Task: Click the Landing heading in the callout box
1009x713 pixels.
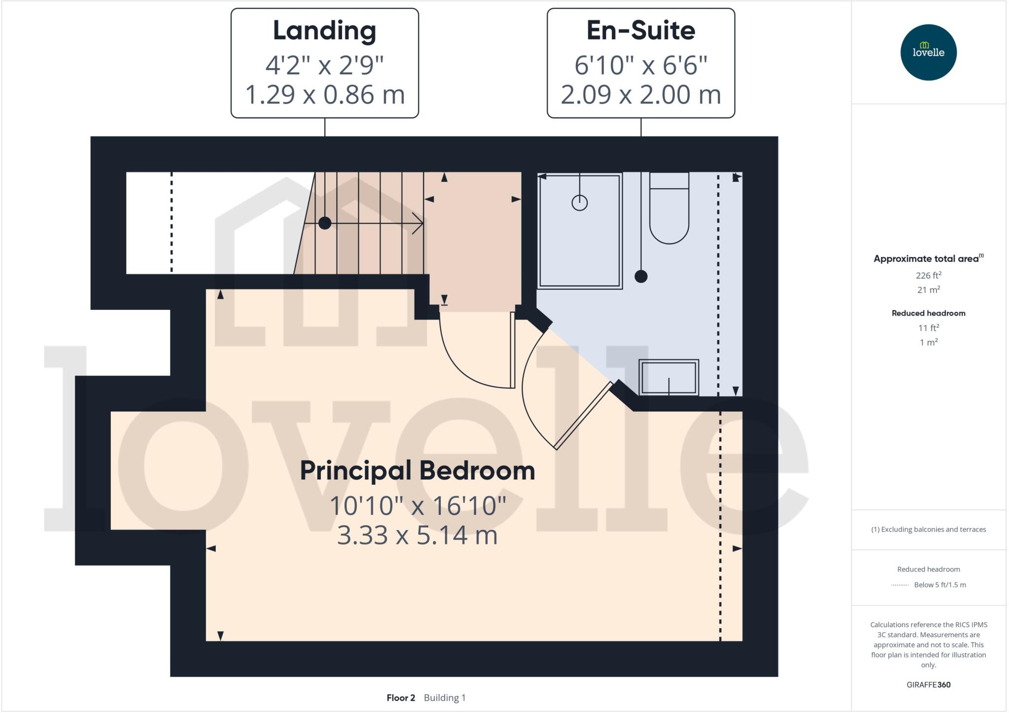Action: click(324, 31)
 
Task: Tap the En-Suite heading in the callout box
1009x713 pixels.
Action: click(640, 31)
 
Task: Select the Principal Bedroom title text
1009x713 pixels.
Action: click(417, 471)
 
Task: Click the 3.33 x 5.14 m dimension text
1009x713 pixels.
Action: click(417, 535)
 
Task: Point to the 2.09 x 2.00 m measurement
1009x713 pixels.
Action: click(640, 95)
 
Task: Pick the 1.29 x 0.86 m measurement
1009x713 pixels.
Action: click(324, 95)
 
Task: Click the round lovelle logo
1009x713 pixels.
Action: click(928, 52)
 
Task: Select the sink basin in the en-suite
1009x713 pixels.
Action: click(669, 377)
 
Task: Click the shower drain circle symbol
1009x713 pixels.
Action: click(579, 203)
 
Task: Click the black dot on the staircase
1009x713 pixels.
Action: click(325, 223)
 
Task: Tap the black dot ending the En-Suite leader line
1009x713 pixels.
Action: click(640, 276)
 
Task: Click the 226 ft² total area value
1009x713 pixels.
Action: click(928, 275)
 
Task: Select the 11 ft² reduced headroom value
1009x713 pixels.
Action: click(928, 328)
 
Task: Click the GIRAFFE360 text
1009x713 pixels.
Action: click(928, 684)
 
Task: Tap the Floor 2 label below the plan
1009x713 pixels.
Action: click(401, 698)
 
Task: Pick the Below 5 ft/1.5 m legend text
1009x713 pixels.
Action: click(940, 585)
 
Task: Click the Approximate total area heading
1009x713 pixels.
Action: click(926, 259)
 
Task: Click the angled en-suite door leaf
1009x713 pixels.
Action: click(583, 416)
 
